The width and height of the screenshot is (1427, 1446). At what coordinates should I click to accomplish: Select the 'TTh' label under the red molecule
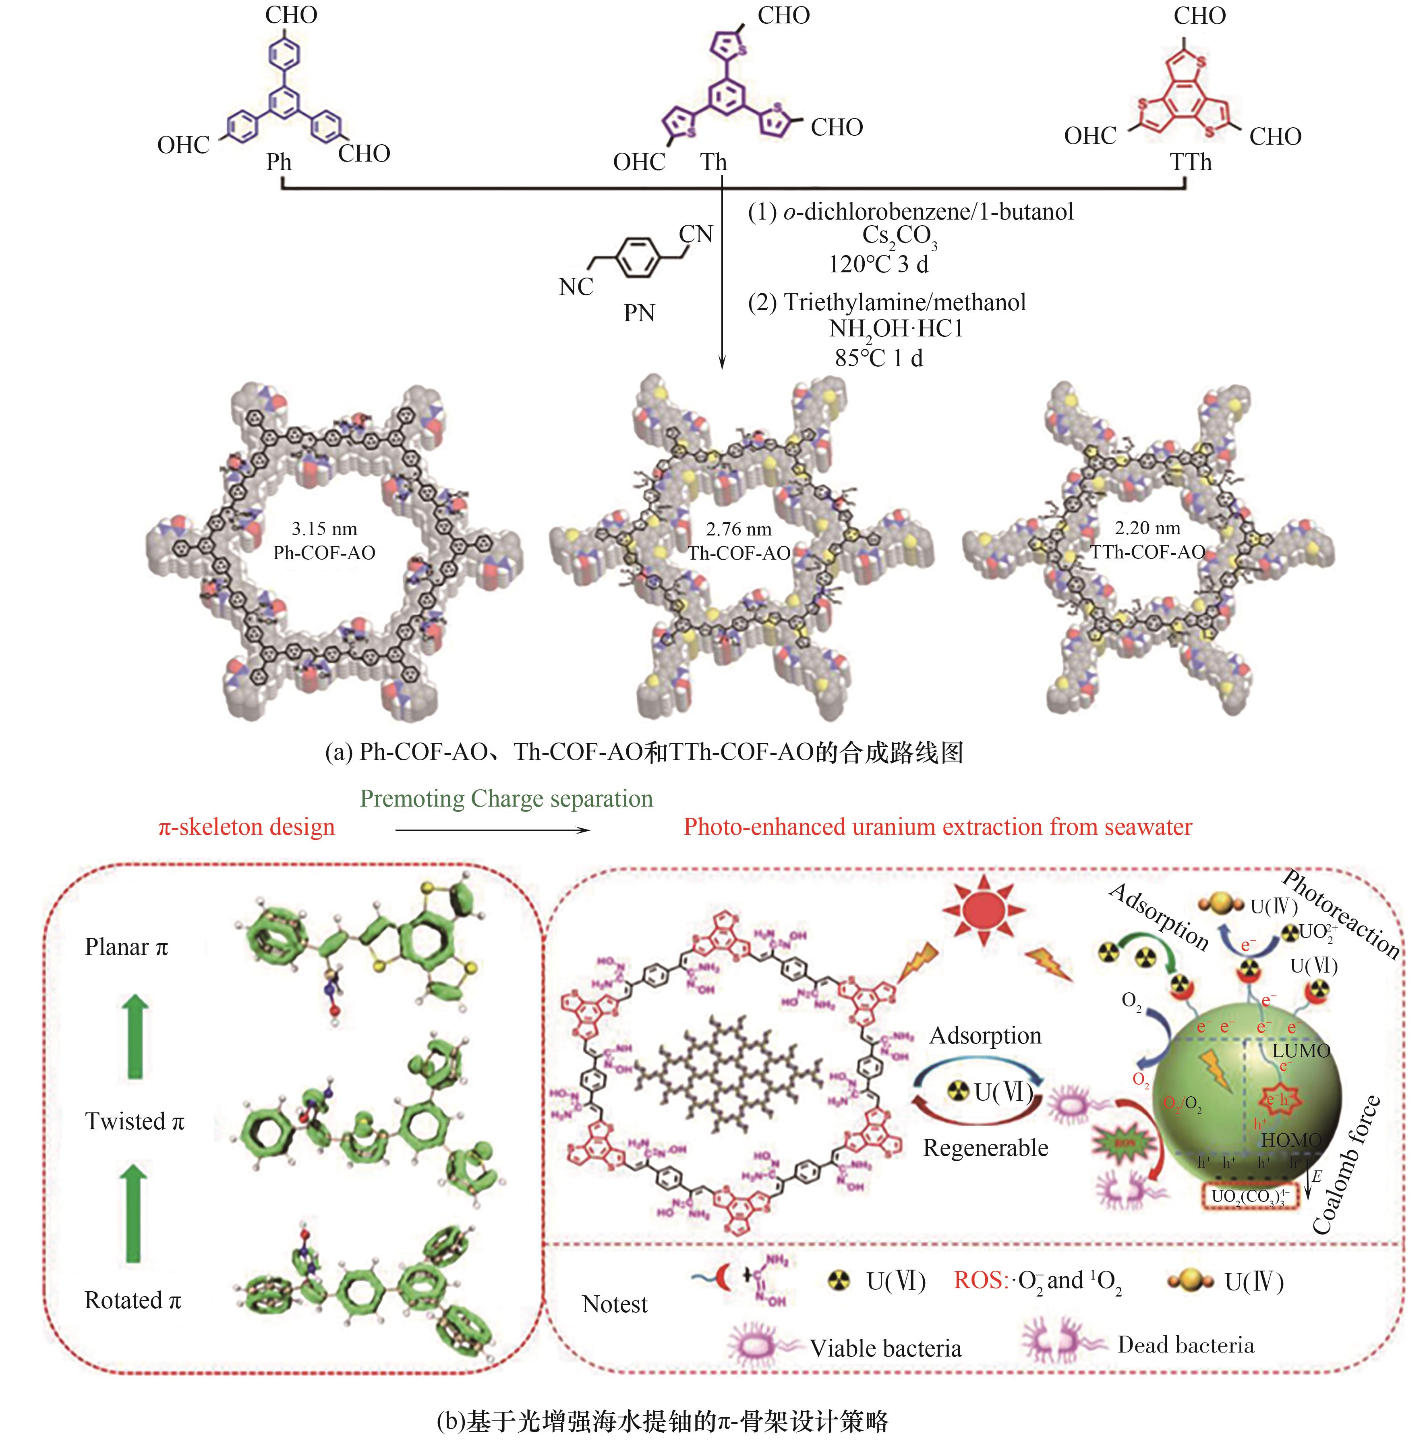coord(1190,162)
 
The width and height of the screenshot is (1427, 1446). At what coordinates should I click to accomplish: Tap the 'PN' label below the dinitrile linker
coord(639,313)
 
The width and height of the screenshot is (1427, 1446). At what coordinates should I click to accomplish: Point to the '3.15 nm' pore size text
coord(324,529)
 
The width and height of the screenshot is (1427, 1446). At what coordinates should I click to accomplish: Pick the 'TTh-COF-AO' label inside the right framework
coord(1147,552)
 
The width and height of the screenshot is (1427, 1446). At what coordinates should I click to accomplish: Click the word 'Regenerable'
coord(985,1147)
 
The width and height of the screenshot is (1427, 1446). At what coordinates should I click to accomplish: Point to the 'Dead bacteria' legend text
coord(1185,1345)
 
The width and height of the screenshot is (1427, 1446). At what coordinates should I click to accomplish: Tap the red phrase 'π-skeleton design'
coord(246,827)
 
